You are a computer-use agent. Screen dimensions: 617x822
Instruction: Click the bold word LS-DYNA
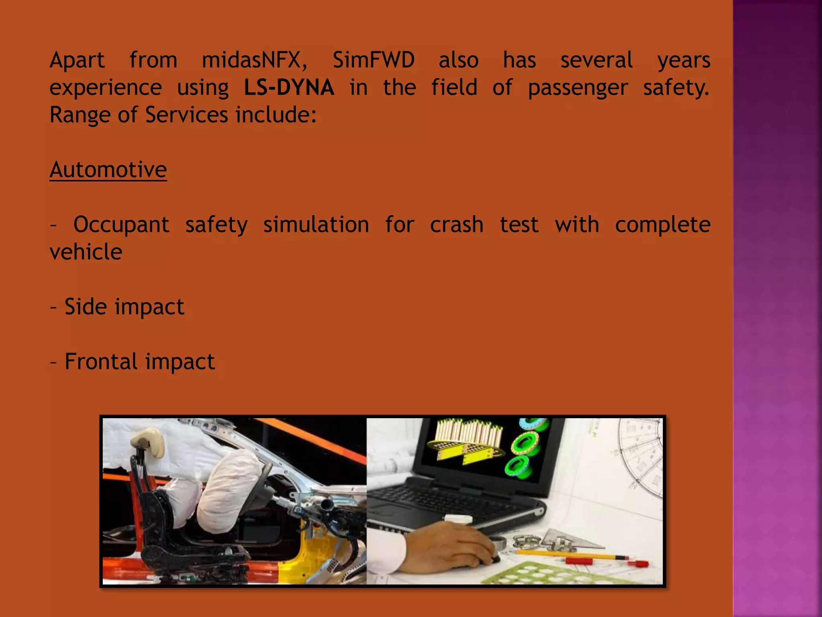pos(289,88)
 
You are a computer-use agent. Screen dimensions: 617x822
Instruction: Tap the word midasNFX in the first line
pos(254,60)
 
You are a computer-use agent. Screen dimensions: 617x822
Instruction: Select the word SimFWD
pos(374,60)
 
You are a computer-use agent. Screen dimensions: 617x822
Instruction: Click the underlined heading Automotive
pos(108,170)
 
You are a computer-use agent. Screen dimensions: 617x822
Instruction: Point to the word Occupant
pos(121,225)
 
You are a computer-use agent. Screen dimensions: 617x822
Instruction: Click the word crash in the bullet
pos(456,225)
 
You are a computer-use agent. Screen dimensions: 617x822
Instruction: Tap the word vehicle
pos(86,252)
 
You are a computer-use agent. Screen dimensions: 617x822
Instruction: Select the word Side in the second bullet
pos(85,307)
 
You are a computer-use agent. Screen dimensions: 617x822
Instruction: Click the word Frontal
pos(101,362)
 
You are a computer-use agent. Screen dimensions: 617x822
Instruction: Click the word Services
pos(186,115)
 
